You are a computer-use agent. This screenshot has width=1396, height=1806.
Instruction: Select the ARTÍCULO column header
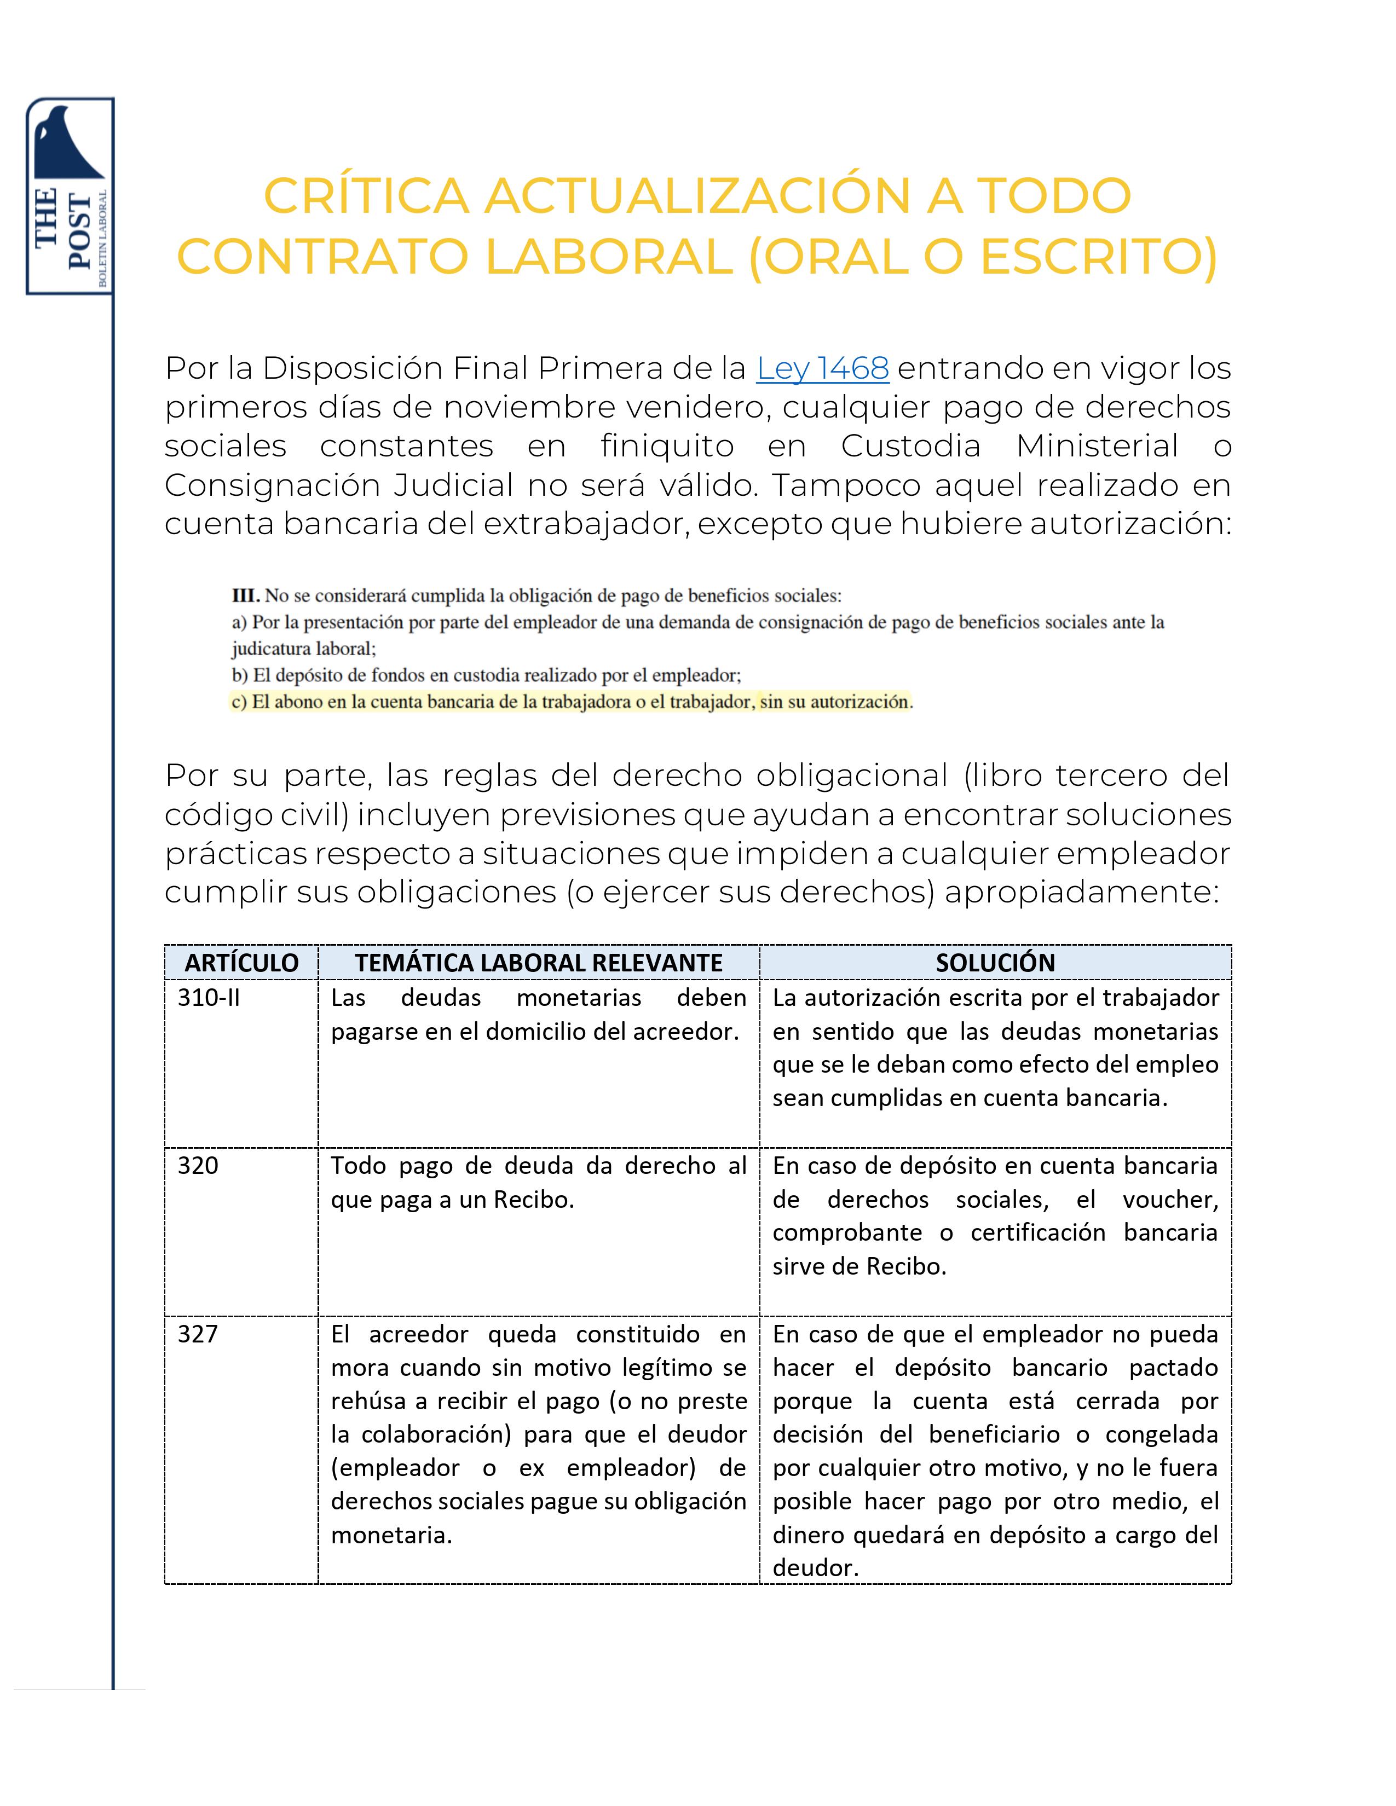click(x=241, y=963)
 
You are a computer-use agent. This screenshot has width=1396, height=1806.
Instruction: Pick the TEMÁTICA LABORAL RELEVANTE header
click(x=538, y=963)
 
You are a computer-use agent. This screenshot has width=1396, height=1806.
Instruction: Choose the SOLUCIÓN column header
click(x=995, y=963)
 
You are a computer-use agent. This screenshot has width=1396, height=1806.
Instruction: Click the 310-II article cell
click(x=209, y=998)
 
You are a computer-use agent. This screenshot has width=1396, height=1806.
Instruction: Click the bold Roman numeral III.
click(x=246, y=595)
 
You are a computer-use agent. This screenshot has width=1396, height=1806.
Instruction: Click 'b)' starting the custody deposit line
click(x=240, y=675)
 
